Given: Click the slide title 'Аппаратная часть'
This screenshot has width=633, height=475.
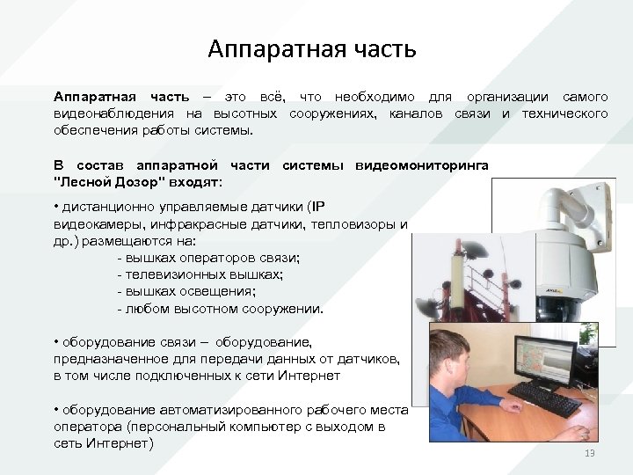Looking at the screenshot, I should pos(312,49).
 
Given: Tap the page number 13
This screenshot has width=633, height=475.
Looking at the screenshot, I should pos(589,452).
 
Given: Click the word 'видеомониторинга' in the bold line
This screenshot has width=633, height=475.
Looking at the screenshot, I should pos(422,166).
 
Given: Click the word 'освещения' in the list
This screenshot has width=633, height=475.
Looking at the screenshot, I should pos(215,291).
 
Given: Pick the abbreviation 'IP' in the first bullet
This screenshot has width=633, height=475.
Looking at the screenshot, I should pos(318,208).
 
